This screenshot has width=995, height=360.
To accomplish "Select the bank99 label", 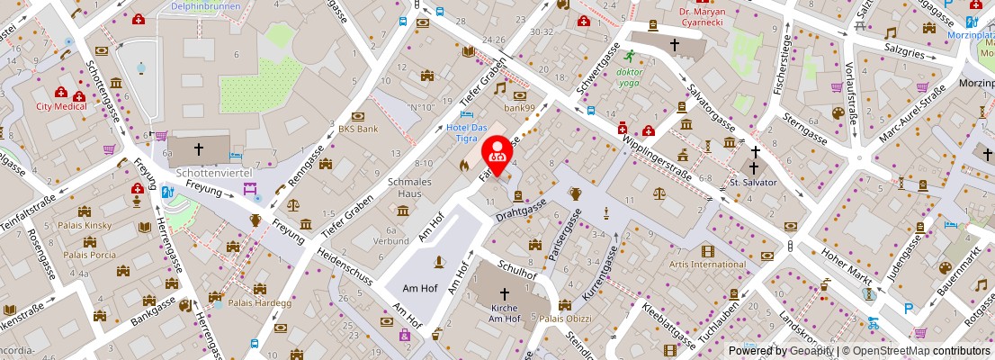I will [519, 108].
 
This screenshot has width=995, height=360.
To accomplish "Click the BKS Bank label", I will [358, 129].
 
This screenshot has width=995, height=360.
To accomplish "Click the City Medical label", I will [61, 106].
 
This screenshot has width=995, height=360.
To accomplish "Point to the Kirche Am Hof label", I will [504, 312].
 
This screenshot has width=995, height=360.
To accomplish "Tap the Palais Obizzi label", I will [564, 319].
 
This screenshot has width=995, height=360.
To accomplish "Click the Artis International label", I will [707, 265].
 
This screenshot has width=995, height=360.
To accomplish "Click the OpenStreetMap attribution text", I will [915, 351].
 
